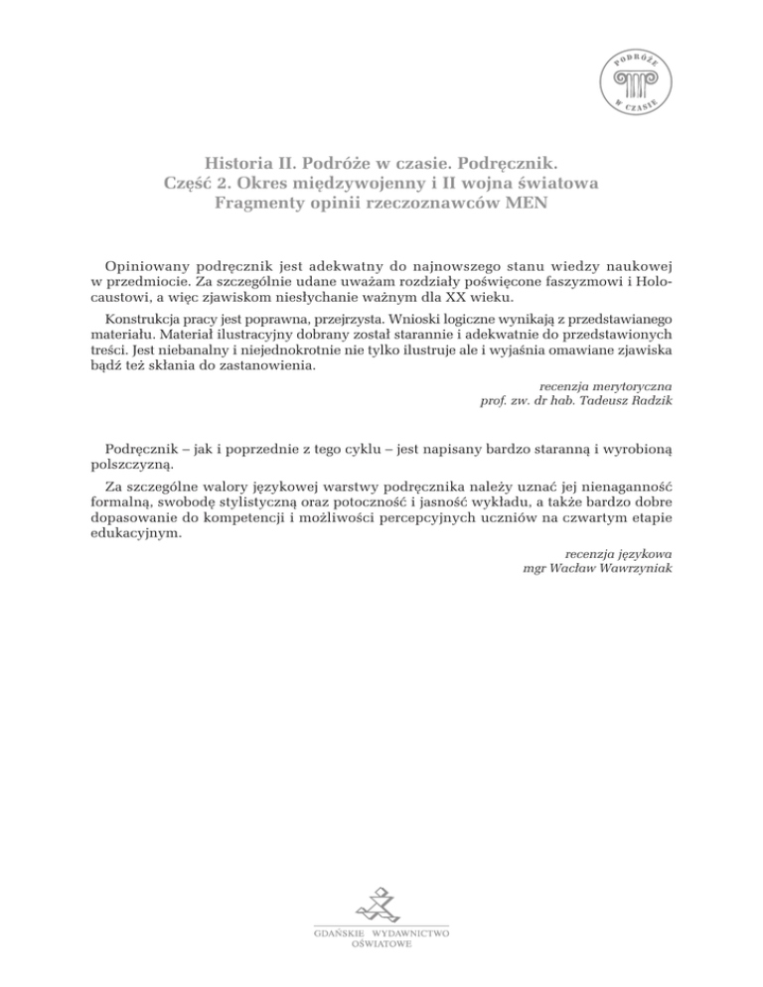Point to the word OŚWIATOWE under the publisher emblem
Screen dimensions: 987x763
tap(381, 945)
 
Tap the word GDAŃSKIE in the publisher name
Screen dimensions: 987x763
tap(337, 934)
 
